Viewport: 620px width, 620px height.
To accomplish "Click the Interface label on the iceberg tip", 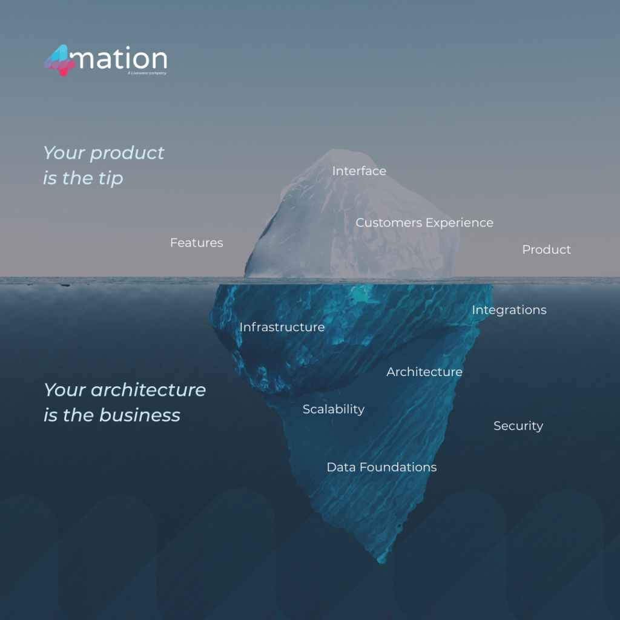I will tap(359, 171).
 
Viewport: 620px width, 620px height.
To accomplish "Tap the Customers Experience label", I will tap(424, 223).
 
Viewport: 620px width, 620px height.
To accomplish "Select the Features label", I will tap(196, 243).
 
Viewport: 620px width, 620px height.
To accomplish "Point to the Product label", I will tap(546, 249).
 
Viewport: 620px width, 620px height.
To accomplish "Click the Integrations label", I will tap(509, 310).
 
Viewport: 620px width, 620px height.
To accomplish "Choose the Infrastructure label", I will tap(282, 327).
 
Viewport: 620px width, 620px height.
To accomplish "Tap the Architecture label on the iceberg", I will tap(424, 372).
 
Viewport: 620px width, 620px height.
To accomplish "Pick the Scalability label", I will tap(333, 409).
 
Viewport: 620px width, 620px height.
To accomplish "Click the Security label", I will tap(518, 426).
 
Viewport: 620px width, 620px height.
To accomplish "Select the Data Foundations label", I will tap(381, 467).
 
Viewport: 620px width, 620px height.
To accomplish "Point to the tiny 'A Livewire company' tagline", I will tap(147, 73).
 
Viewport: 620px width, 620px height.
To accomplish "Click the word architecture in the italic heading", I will tap(148, 390).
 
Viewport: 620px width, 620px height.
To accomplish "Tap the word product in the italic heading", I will tap(127, 153).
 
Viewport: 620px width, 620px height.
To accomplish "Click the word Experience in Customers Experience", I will tap(459, 223).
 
